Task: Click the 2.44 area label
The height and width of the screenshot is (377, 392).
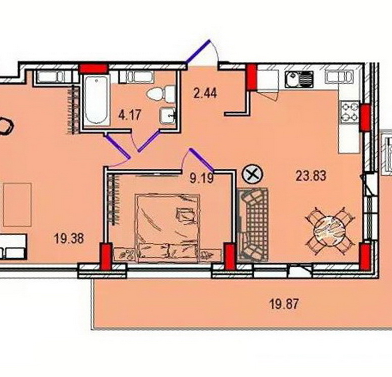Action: coord(205,93)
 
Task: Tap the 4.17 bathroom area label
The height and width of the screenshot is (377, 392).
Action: coord(130,115)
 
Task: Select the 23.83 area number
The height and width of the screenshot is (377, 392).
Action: coord(311,176)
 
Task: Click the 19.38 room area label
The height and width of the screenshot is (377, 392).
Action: coord(69,238)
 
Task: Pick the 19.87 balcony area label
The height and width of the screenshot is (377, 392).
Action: coord(284,305)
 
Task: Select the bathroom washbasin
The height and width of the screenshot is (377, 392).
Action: coord(168,116)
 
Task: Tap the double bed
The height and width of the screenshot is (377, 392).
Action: coord(167,228)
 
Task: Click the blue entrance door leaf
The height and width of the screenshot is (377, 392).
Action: coord(198,51)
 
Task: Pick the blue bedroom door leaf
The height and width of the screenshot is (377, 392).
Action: coord(201,159)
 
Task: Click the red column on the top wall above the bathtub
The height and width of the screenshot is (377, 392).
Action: coord(93,68)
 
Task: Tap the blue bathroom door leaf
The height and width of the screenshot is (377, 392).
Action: coord(148,141)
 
